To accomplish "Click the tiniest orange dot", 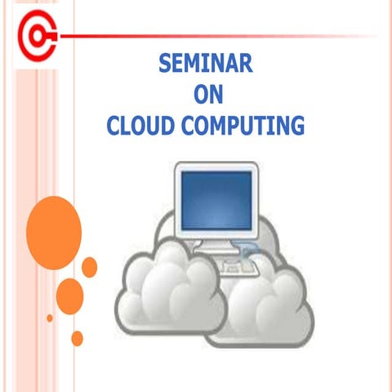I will tap(50, 318).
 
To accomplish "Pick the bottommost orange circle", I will tap(77, 337).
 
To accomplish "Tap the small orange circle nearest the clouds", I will tap(90, 266).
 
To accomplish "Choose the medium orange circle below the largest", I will tap(70, 293).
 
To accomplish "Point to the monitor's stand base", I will tap(217, 244).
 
